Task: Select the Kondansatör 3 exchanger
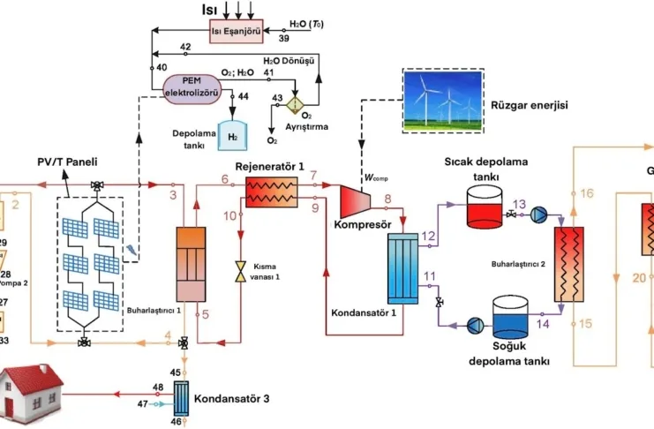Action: (x=182, y=395)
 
